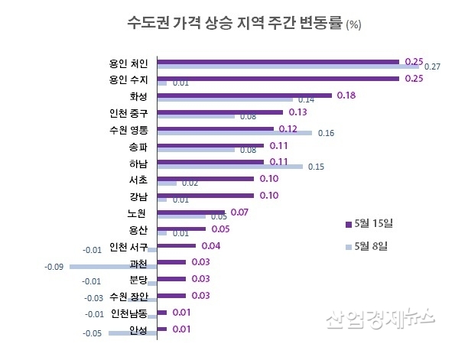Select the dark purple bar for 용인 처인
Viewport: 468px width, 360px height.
(278, 61)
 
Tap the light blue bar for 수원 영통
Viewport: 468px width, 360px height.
(234, 133)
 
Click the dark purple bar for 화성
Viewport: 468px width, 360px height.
(244, 95)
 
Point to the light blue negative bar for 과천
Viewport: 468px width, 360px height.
(113, 266)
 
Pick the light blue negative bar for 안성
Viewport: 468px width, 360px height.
(132, 333)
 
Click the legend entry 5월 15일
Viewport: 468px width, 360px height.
(372, 223)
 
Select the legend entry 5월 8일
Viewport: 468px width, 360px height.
(370, 245)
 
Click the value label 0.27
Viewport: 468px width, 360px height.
(432, 67)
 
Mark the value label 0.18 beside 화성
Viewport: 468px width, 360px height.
(346, 95)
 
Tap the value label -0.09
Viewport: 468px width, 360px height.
(54, 266)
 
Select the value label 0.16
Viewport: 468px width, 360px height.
(326, 134)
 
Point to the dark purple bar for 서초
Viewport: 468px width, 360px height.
(205, 179)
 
